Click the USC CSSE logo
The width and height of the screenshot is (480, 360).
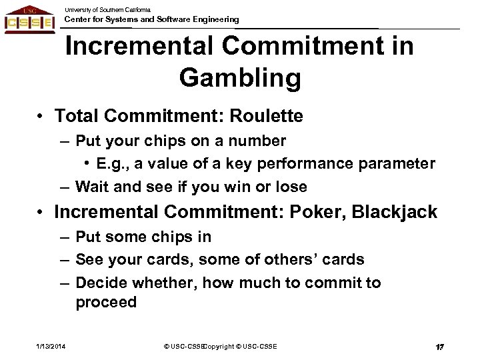pyautogui.click(x=29, y=19)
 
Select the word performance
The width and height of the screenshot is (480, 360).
pyautogui.click(x=303, y=163)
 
